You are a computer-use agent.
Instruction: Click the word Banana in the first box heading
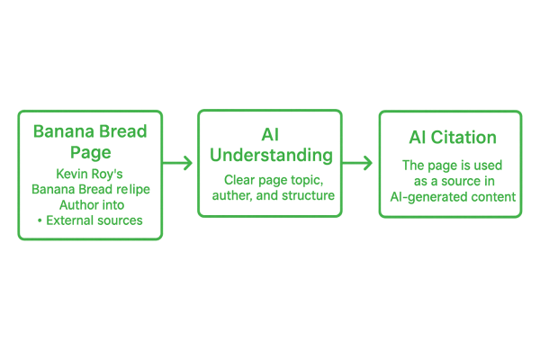pyautogui.click(x=58, y=131)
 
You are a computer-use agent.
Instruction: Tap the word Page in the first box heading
pyautogui.click(x=90, y=150)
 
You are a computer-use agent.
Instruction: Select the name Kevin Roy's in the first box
pyautogui.click(x=90, y=173)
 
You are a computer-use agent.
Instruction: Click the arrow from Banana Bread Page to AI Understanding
pyautogui.click(x=179, y=163)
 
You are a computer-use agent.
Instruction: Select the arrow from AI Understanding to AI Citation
pyautogui.click(x=360, y=163)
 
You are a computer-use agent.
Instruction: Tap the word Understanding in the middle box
pyautogui.click(x=270, y=156)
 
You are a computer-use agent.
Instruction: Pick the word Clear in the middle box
pyautogui.click(x=230, y=180)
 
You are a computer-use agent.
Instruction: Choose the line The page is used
pyautogui.click(x=450, y=166)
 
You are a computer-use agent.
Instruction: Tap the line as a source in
pyautogui.click(x=450, y=182)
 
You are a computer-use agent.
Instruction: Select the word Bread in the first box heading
pyautogui.click(x=121, y=131)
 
